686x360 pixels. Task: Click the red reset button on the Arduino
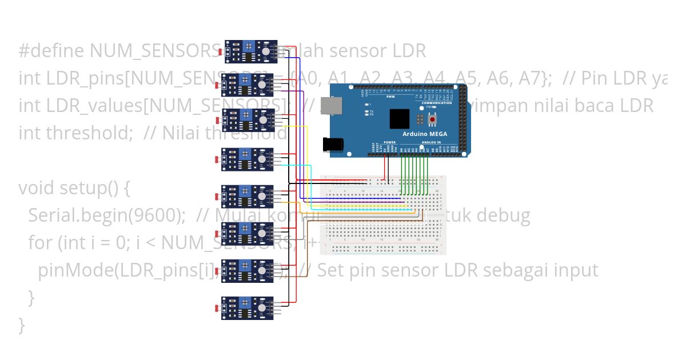click(x=433, y=119)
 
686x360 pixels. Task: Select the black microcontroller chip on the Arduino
click(x=400, y=118)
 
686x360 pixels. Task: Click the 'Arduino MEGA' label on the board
click(x=426, y=134)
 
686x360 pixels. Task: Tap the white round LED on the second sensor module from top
click(x=261, y=85)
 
